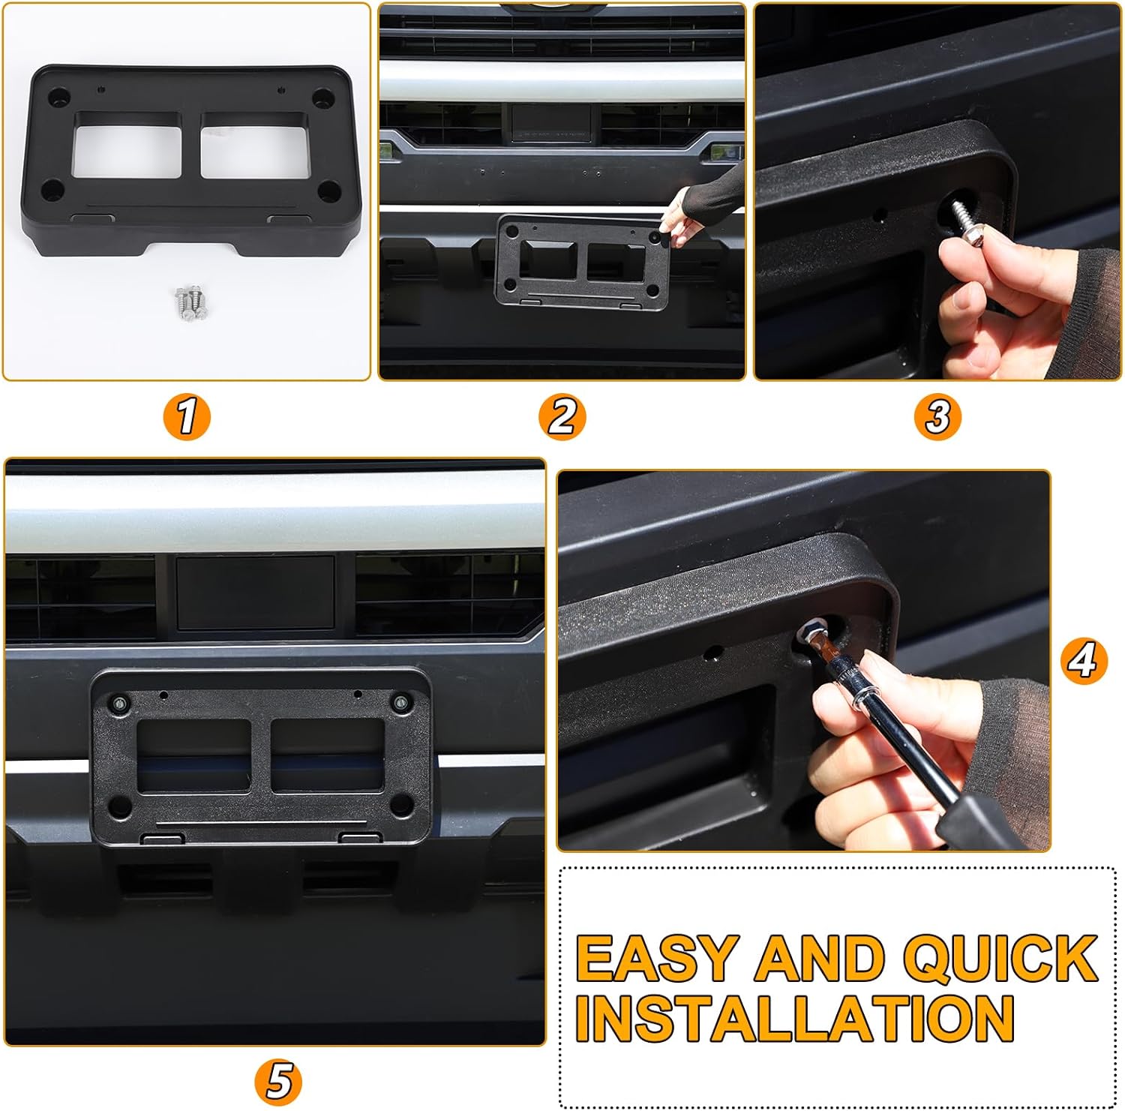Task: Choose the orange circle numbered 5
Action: click(278, 1081)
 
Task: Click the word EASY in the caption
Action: click(656, 959)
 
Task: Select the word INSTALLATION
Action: click(795, 1019)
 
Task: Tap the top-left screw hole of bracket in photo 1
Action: click(58, 97)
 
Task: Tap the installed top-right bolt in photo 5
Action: click(402, 704)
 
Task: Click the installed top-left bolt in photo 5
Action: click(120, 704)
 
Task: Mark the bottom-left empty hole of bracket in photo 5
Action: click(118, 807)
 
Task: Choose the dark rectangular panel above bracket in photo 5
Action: click(255, 593)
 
